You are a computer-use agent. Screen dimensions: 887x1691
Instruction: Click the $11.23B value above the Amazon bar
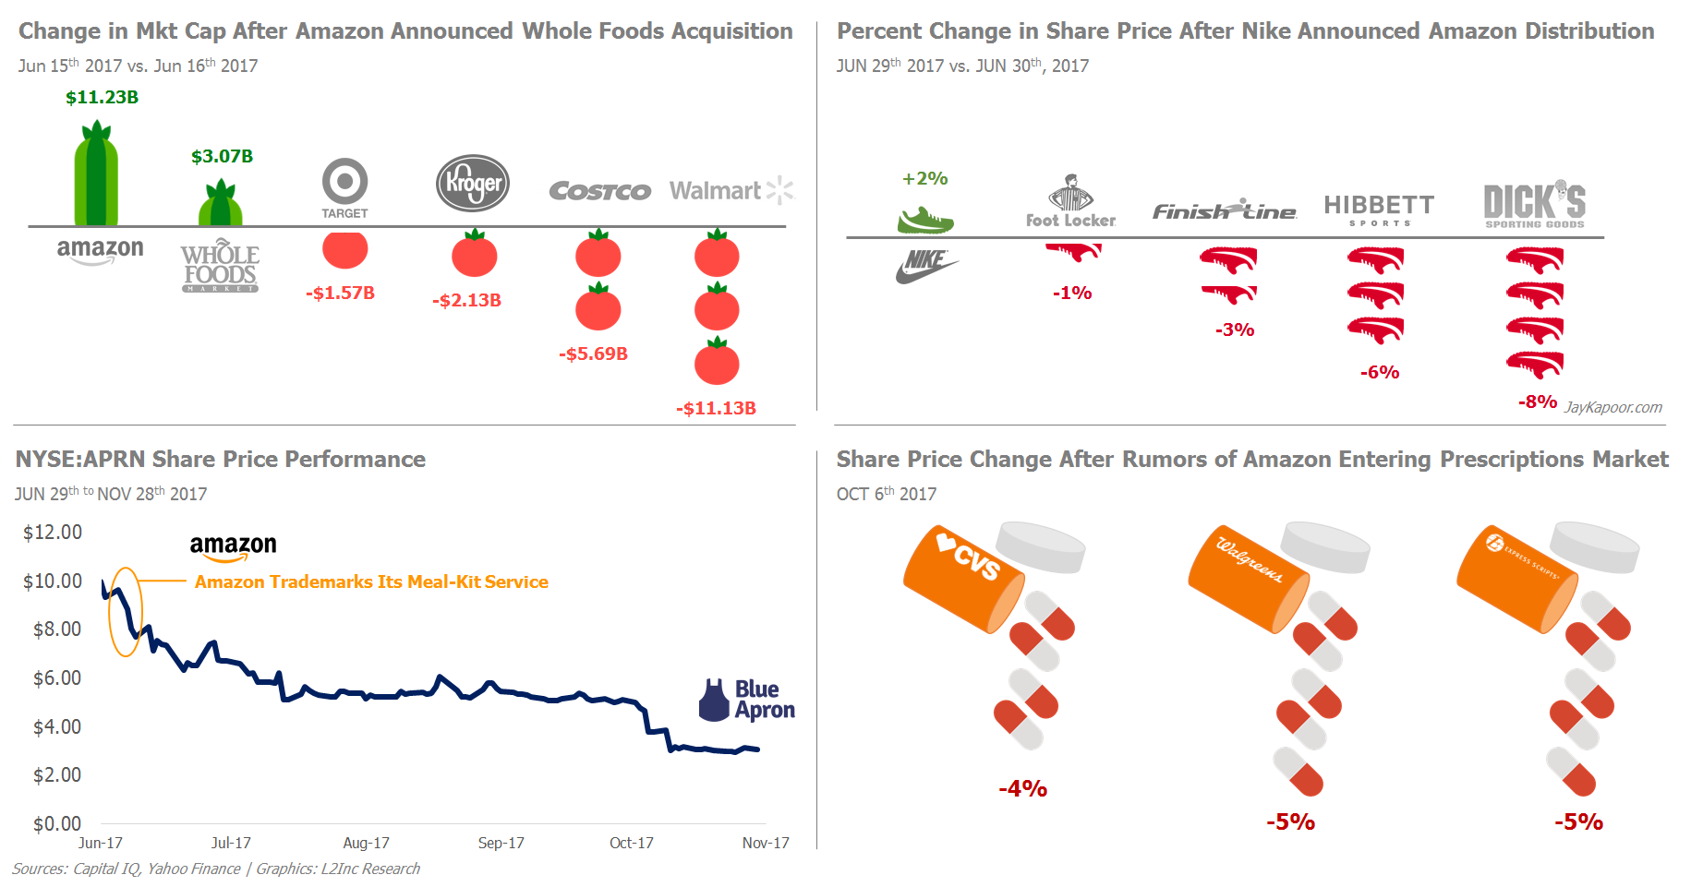(102, 97)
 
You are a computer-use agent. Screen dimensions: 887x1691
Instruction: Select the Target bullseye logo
(344, 182)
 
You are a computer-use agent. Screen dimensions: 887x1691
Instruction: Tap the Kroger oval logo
(473, 183)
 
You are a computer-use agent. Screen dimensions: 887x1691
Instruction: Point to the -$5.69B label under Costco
(593, 354)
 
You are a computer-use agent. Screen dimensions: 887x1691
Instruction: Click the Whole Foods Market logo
(220, 267)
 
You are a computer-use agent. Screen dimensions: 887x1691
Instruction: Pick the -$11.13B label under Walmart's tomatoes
(716, 408)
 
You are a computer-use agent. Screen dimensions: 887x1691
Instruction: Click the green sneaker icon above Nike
(924, 221)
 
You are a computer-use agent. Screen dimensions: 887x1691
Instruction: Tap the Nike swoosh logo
(925, 265)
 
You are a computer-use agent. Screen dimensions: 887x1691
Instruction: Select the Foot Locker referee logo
(1070, 195)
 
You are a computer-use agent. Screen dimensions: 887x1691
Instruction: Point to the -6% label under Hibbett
(1380, 372)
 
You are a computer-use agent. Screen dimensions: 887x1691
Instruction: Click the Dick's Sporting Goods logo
(1534, 204)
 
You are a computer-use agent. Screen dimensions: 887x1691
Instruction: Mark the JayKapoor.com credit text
(1612, 407)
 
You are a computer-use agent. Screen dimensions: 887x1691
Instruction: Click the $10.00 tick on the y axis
(53, 581)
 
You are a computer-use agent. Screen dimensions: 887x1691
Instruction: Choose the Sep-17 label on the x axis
(501, 843)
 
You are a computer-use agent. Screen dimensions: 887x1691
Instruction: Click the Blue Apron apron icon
(714, 701)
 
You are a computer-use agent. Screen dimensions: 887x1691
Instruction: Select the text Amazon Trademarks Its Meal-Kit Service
(371, 581)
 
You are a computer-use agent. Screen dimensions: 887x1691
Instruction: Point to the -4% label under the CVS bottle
(1022, 788)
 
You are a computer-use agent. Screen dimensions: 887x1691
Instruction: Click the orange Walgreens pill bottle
(1246, 580)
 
